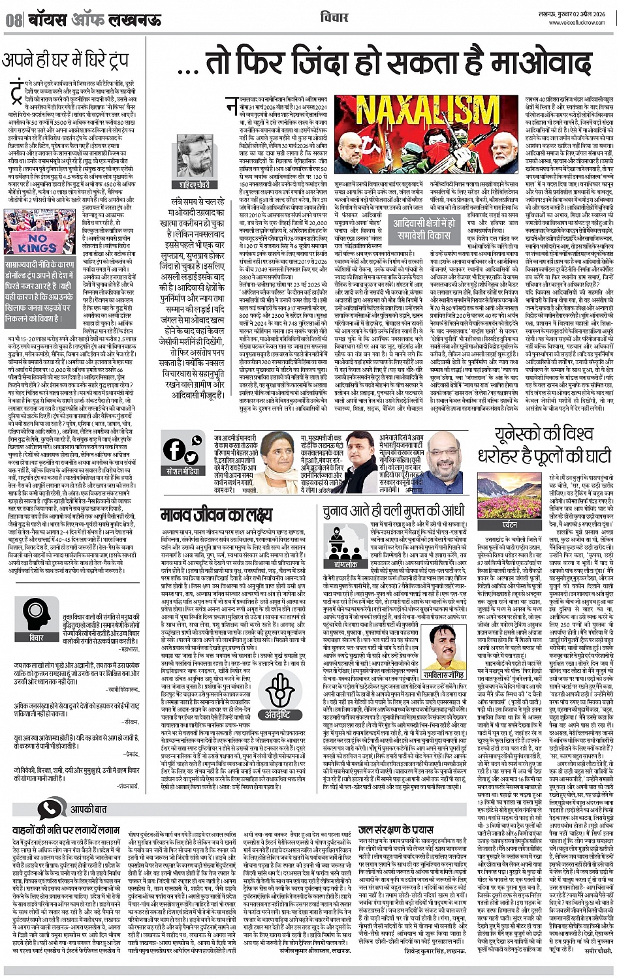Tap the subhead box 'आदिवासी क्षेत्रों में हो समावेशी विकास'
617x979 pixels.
pos(422,228)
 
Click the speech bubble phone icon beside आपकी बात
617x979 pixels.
pos(50,809)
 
